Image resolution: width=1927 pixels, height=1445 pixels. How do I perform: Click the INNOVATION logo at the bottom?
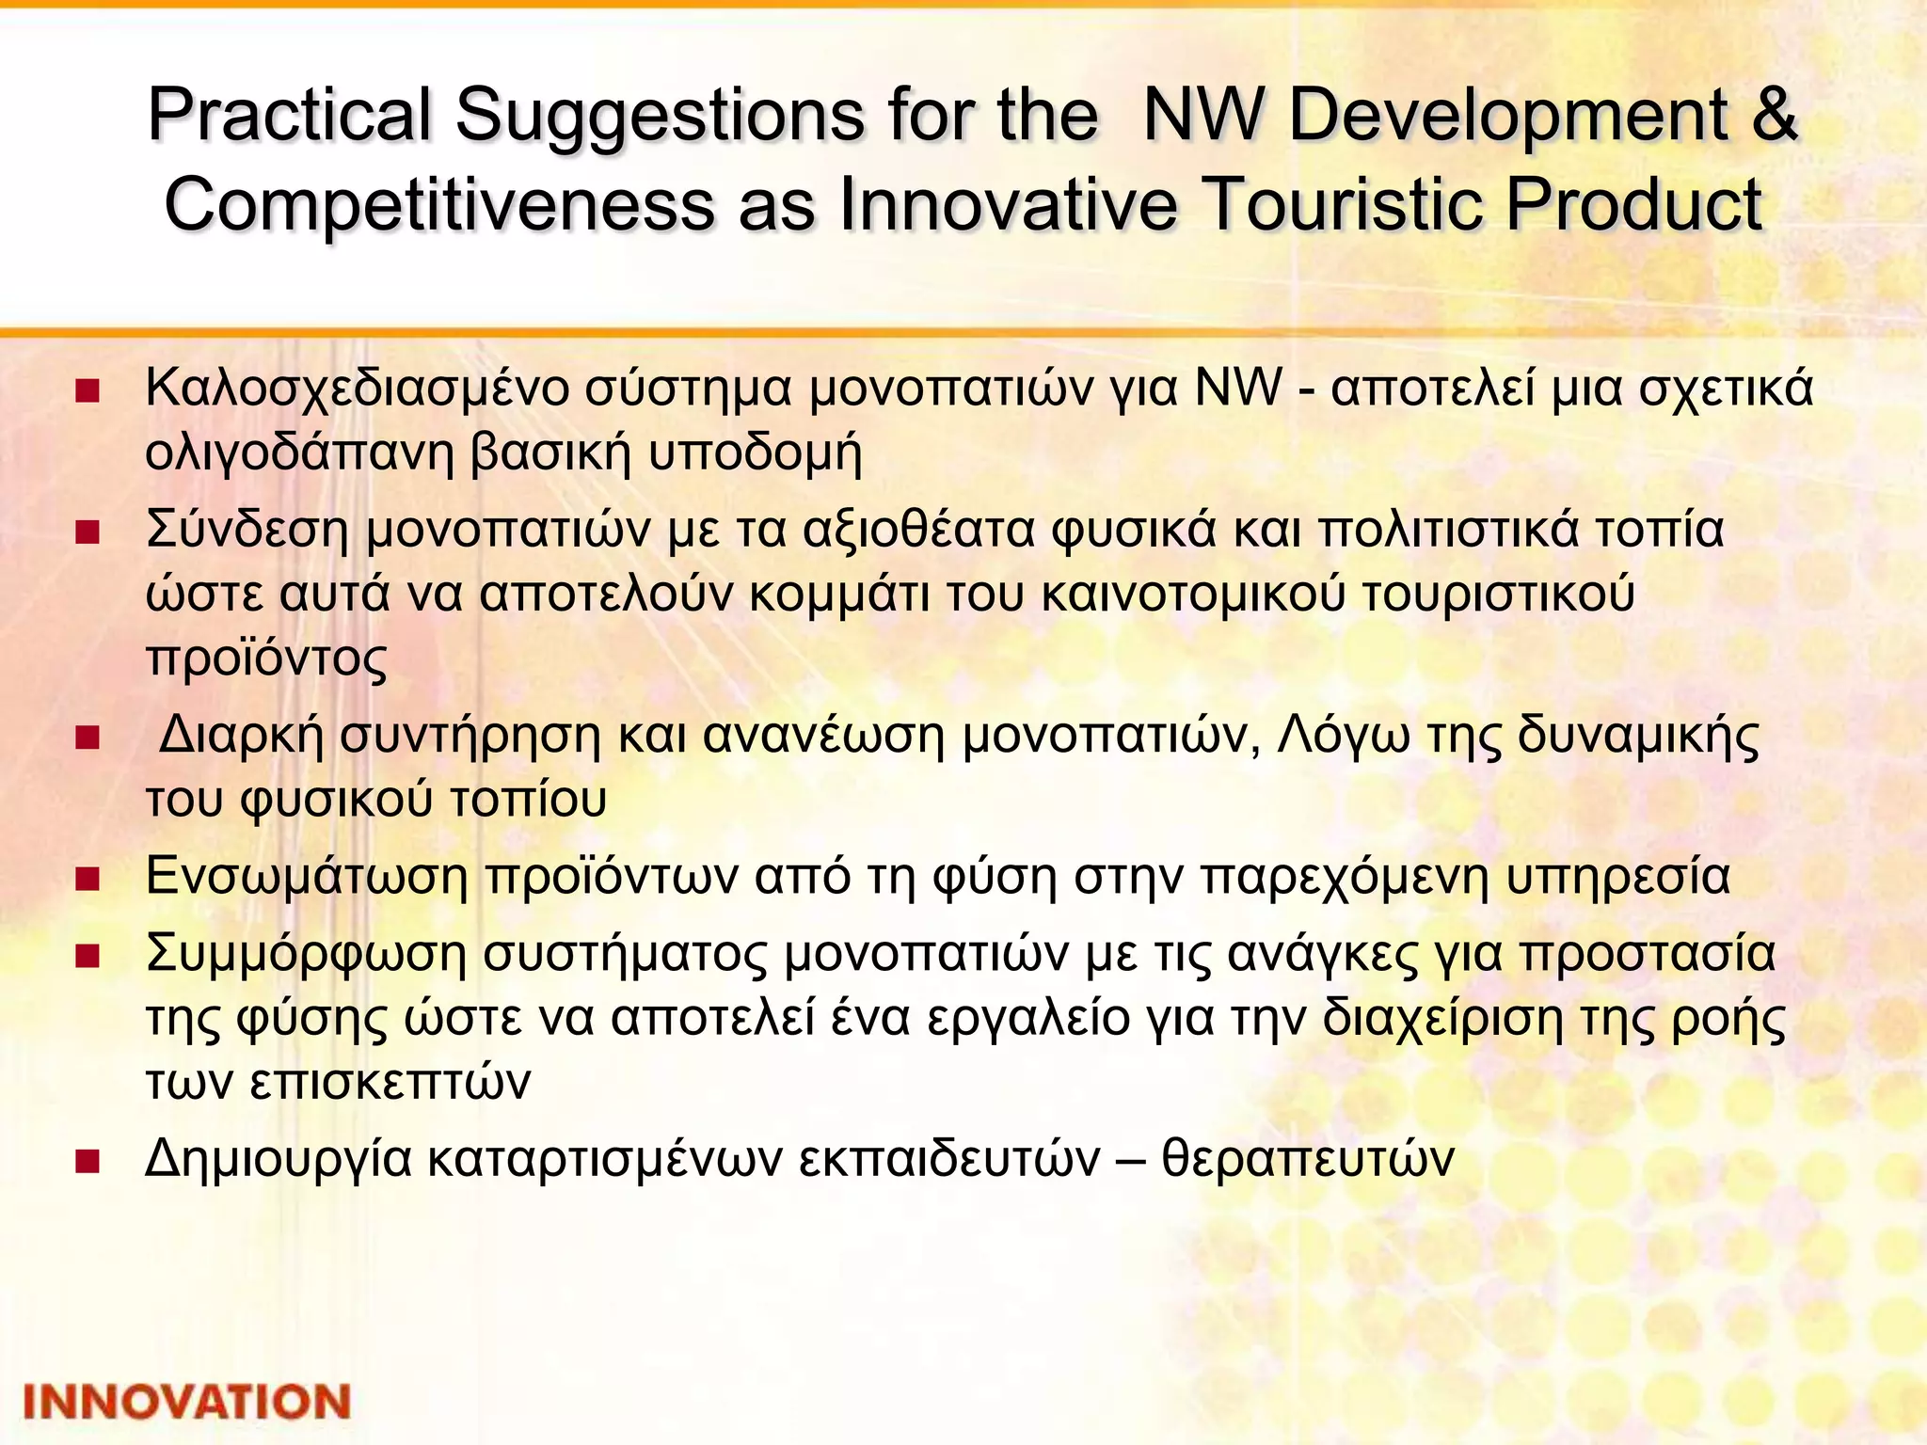[186, 1402]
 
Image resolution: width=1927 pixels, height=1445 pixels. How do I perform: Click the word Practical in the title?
[289, 117]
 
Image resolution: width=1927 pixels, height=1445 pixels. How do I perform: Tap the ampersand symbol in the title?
[1775, 117]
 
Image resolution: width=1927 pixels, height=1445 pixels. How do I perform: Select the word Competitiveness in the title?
[438, 205]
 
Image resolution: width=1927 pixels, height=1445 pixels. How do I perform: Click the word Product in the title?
[1632, 205]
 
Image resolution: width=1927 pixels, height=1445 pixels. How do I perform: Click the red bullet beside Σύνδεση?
[88, 533]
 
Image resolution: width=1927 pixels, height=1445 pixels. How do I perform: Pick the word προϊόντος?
[266, 659]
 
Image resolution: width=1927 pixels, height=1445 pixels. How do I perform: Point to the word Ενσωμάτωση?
[307, 878]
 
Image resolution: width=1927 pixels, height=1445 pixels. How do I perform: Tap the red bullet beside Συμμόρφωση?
[88, 958]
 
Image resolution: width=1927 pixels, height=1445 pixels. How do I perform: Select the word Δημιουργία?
[279, 1160]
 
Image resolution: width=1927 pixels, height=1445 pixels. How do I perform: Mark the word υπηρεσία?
[1617, 878]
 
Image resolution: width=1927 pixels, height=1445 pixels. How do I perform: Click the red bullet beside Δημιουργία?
[88, 1162]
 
